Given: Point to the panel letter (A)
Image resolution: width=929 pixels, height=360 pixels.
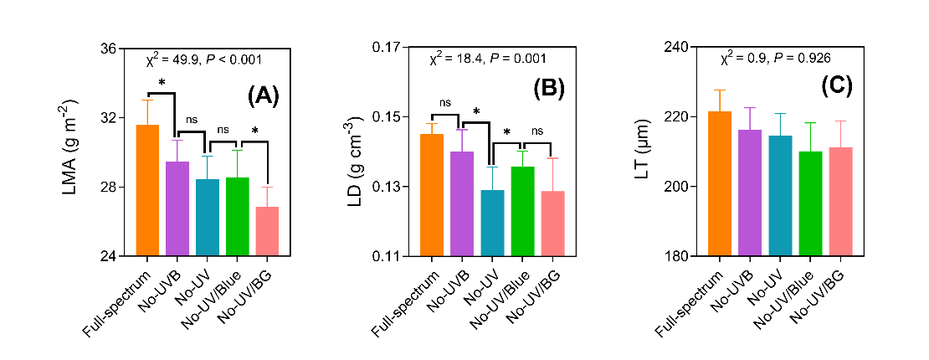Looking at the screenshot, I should (x=262, y=95).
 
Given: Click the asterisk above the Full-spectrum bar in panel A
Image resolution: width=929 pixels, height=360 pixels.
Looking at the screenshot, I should (x=162, y=84).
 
